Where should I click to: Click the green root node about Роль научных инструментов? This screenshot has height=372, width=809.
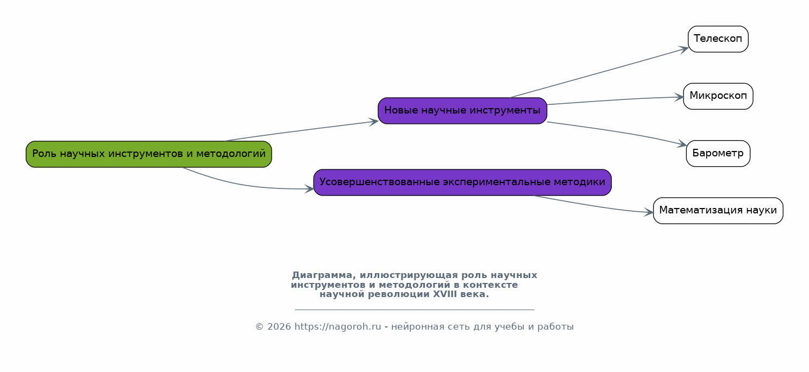tap(149, 154)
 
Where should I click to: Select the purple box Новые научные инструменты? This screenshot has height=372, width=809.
tap(462, 111)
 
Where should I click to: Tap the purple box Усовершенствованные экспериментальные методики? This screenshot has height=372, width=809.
tap(462, 182)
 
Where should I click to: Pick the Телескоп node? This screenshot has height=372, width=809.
tap(718, 39)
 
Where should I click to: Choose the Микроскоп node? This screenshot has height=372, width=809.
tap(718, 97)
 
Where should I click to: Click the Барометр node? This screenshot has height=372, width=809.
tap(718, 154)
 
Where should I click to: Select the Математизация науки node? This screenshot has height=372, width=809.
tap(718, 211)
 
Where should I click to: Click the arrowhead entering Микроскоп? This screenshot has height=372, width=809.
tap(679, 97)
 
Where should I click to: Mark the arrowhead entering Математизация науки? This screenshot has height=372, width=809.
tap(649, 212)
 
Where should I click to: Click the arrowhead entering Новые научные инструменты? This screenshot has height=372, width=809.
tap(374, 122)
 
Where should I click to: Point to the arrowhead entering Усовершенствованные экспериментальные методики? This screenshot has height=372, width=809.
tap(309, 189)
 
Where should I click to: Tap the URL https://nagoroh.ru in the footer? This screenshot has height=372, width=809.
tap(338, 327)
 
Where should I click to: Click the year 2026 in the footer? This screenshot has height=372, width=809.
tap(279, 327)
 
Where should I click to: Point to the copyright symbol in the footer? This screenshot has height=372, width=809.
tap(259, 327)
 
